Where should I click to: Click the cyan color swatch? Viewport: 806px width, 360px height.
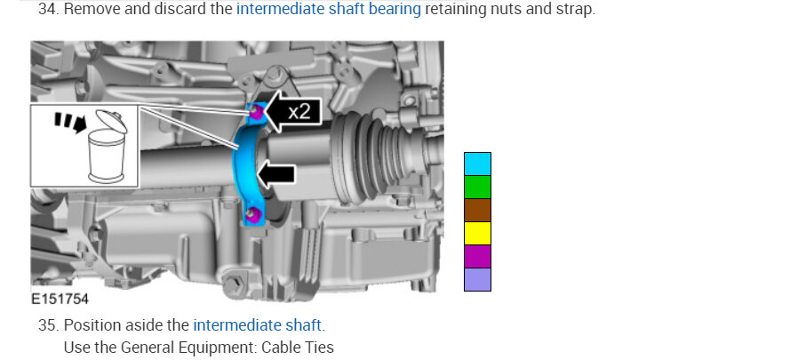[477, 164]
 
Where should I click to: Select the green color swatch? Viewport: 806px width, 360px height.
[477, 188]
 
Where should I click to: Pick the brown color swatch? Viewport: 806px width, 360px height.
[477, 211]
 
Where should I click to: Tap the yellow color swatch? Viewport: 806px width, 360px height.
[477, 234]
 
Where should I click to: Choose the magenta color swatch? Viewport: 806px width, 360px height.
[477, 257]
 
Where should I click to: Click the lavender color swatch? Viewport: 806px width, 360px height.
[477, 279]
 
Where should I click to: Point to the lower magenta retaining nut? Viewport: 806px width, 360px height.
[251, 215]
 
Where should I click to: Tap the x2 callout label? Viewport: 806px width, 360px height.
[299, 111]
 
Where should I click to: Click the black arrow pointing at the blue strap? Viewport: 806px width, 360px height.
[276, 174]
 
